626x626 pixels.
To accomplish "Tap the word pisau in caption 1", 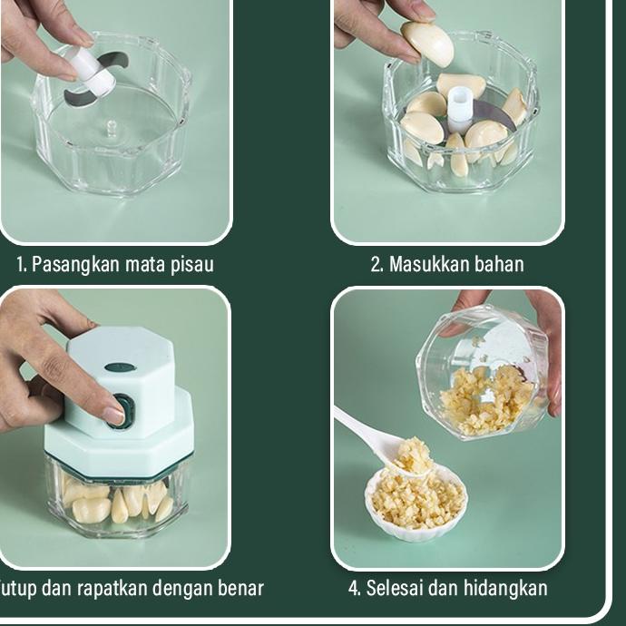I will point(192,265).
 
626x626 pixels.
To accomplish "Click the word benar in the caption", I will point(240,588).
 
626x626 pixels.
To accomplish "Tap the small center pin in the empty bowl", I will point(111,127).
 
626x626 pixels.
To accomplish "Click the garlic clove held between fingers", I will point(427,43).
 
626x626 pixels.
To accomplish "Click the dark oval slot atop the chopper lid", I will point(119,367).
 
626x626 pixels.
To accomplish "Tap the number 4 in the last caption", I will point(354,588).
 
